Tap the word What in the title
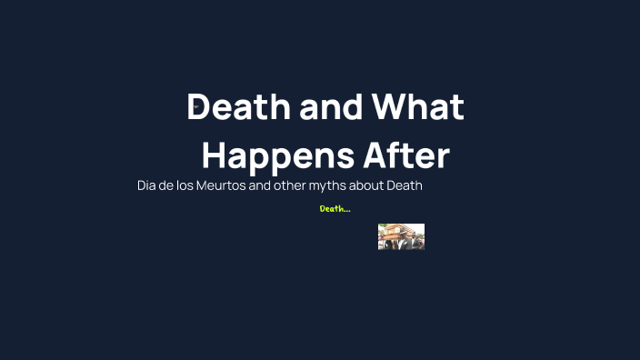click(418, 108)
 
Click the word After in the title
click(406, 155)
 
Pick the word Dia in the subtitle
click(147, 185)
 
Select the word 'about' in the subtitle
click(384, 185)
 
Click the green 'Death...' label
click(335, 209)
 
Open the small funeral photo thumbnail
click(401, 236)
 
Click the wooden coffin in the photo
click(397, 231)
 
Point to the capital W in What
click(392, 108)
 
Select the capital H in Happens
click(215, 155)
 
